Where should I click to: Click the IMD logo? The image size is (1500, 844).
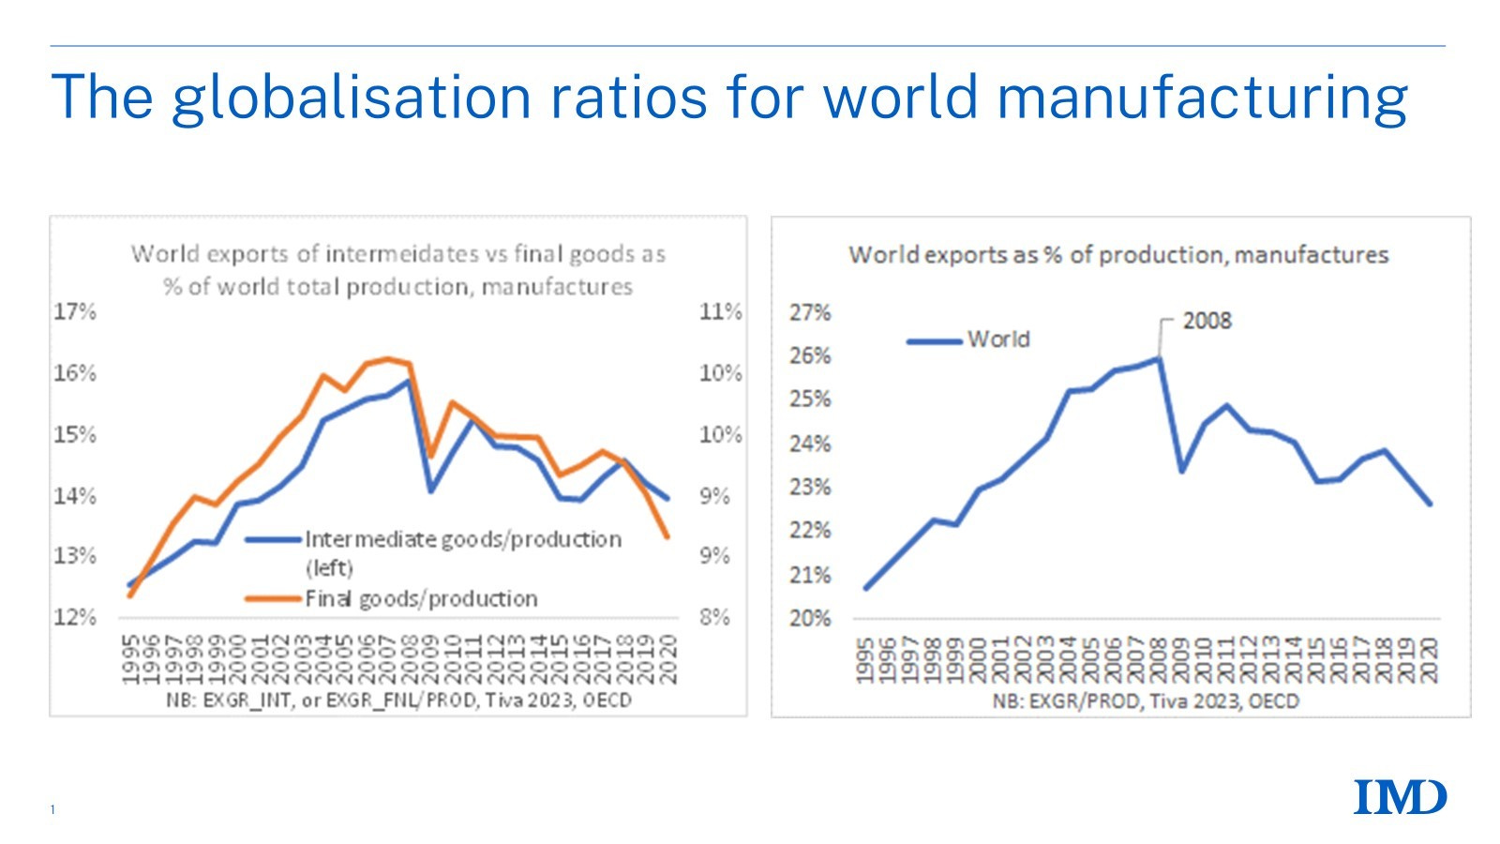point(1400,798)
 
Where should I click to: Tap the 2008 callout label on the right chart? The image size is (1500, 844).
point(1206,321)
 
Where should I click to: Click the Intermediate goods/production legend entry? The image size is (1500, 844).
point(462,539)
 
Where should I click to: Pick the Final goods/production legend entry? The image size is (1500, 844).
point(421,598)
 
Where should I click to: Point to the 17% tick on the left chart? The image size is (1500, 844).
point(75,311)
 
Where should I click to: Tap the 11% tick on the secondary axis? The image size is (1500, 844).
point(720,311)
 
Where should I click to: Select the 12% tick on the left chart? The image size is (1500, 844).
point(75,617)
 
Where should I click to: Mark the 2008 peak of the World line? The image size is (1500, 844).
point(1159,358)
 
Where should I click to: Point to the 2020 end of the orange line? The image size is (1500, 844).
point(667,536)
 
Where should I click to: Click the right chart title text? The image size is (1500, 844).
point(1117,255)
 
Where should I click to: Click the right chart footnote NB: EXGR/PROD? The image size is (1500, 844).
point(1146,701)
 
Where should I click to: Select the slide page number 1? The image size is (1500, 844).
point(53,809)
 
